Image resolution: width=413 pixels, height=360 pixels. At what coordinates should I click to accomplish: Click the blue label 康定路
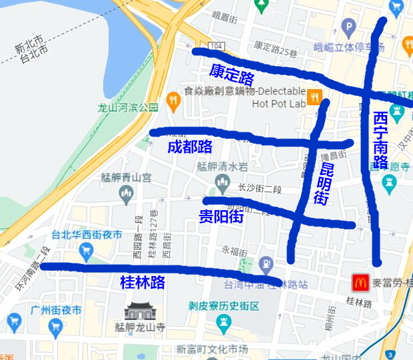(232, 72)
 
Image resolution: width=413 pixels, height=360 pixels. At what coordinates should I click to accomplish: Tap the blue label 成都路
(190, 146)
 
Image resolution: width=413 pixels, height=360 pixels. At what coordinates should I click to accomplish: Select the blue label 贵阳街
(221, 216)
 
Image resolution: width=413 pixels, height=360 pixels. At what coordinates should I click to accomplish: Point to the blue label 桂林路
(142, 282)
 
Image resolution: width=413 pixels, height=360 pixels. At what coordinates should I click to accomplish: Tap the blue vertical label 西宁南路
(380, 140)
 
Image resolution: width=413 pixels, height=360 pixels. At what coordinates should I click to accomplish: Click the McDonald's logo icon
(360, 283)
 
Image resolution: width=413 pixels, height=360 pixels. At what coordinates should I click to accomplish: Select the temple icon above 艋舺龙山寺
(139, 311)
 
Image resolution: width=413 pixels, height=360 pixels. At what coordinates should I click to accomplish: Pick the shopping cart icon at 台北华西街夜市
(85, 250)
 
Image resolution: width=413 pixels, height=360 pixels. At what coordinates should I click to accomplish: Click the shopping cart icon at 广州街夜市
(13, 323)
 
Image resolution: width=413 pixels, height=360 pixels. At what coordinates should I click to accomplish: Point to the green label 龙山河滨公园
(128, 106)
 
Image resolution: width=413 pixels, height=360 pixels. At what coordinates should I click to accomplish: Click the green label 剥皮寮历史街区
(222, 307)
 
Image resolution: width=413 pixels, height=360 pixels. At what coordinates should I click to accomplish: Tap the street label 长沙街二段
(256, 188)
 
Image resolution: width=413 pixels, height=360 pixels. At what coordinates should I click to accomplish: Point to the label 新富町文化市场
(212, 349)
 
